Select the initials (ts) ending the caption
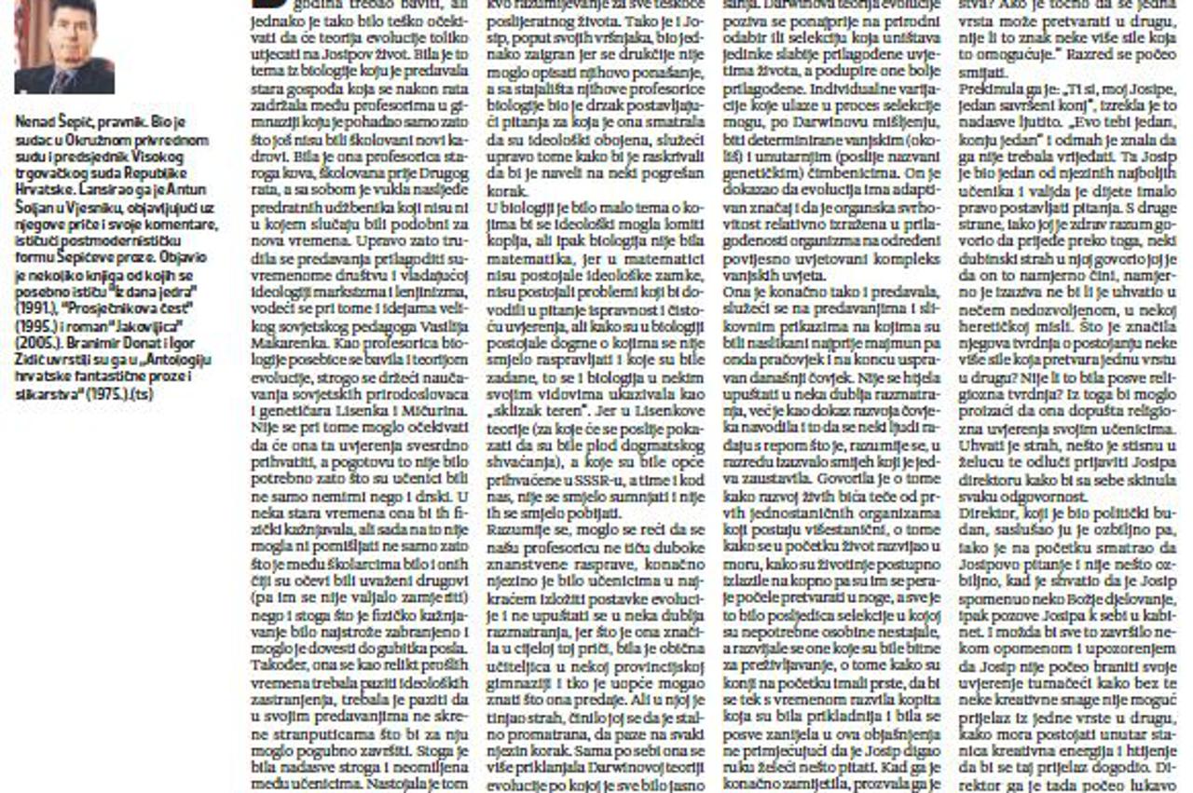pyautogui.click(x=143, y=393)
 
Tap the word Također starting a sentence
pyautogui.click(x=275, y=680)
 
